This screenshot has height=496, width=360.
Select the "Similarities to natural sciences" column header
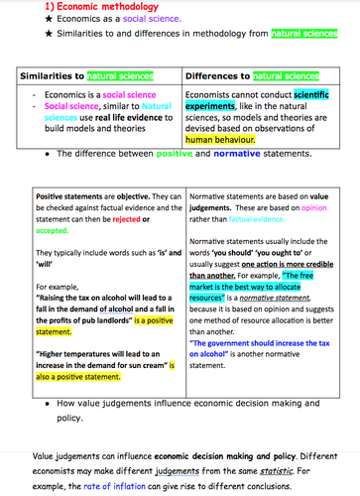point(97,75)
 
